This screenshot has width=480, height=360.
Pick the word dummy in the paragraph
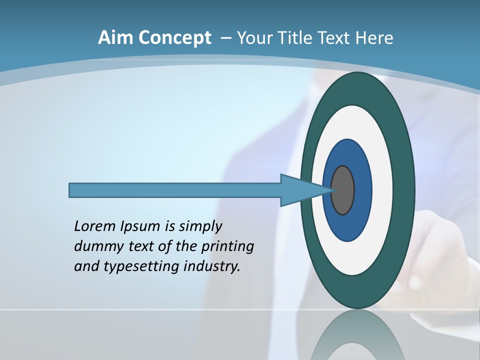95,246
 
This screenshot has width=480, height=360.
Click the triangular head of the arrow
300,190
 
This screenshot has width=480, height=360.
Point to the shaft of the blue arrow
175,190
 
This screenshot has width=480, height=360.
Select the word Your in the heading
253,37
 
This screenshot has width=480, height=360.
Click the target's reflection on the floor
357,337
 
